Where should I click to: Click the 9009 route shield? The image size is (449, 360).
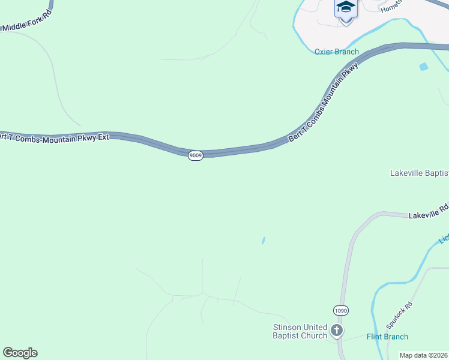click(195, 155)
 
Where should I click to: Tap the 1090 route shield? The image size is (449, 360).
click(341, 311)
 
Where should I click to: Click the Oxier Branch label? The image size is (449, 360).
click(337, 52)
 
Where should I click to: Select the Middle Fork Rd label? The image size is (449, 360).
click(26, 26)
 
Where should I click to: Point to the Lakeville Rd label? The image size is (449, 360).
click(429, 211)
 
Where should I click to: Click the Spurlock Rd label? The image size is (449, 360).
click(399, 314)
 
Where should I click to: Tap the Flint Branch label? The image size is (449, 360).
click(387, 337)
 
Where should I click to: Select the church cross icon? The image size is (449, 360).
click(337, 330)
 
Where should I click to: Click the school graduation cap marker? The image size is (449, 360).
click(346, 8)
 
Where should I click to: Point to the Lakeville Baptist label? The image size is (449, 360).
click(419, 173)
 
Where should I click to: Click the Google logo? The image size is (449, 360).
click(20, 353)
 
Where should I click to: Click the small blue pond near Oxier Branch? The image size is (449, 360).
click(424, 67)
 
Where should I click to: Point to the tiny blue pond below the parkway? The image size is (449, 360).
click(263, 241)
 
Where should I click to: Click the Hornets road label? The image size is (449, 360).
click(391, 5)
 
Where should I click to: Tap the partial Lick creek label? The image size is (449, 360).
click(444, 239)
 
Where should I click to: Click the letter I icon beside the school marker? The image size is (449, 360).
click(338, 9)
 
